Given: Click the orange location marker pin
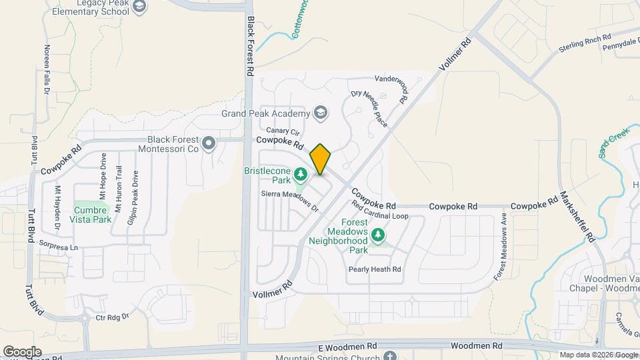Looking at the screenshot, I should (x=321, y=159).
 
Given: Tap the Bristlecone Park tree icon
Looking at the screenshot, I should (x=301, y=174).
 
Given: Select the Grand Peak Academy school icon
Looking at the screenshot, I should (x=321, y=113).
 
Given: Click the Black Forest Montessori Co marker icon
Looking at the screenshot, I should (x=209, y=143).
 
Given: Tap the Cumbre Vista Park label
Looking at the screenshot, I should (x=92, y=213).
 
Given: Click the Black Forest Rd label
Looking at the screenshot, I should (x=251, y=46).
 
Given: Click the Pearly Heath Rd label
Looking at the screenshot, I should (x=375, y=269).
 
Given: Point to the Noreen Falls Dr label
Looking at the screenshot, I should (x=47, y=59).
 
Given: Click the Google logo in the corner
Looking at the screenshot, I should (x=22, y=351).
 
